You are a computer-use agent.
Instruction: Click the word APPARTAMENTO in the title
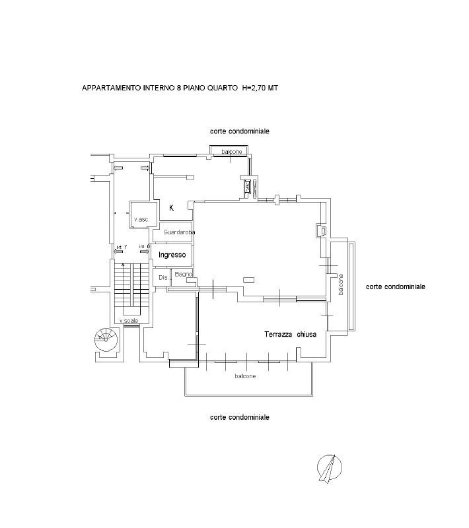[110, 88]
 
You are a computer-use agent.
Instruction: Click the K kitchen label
[172, 208]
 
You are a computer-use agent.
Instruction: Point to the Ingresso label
[172, 254]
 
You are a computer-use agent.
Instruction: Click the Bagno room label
[183, 274]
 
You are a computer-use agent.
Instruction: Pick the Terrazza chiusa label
[291, 335]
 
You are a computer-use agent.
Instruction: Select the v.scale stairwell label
[129, 321]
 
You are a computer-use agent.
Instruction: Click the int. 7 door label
[121, 247]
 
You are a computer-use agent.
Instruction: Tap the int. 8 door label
[144, 247]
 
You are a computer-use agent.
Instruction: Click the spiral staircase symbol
[107, 339]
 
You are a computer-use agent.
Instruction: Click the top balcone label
[232, 152]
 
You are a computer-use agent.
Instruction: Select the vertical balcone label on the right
[342, 284]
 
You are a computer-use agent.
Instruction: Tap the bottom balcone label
[244, 376]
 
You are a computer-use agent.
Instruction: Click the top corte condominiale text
[240, 131]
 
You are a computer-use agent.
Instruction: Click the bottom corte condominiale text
[240, 417]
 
